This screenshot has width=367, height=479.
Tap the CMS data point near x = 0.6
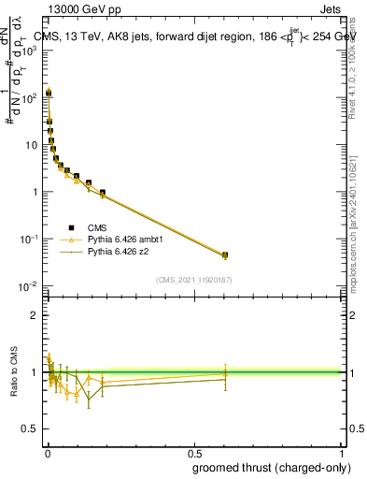pos(224,254)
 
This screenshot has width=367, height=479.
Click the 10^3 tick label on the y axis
pos(29,51)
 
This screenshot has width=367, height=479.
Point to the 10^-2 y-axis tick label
pos(29,286)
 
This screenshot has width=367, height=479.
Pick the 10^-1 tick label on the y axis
pos(29,239)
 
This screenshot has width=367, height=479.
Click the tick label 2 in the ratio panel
pos(35,315)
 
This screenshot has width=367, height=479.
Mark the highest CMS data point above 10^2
pos(48,93)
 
